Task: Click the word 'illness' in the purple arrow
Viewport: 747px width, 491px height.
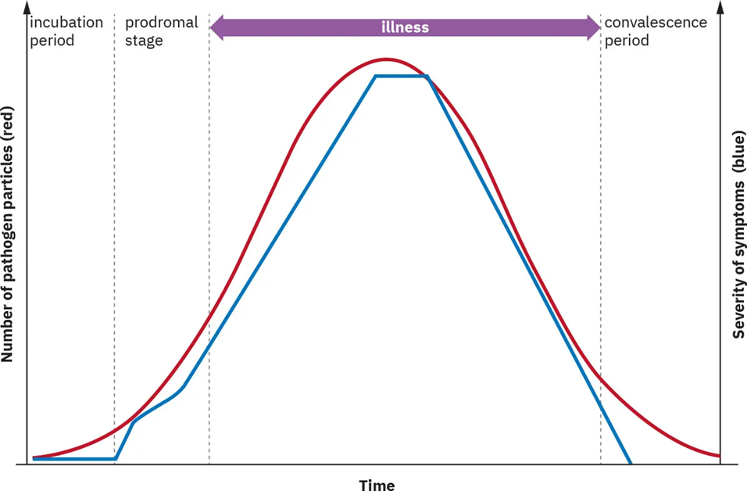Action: coord(405,27)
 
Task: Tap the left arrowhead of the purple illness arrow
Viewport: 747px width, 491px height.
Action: coord(217,27)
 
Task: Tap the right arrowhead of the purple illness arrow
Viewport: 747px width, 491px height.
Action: coord(593,27)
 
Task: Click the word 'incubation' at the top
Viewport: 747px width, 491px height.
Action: coord(66,22)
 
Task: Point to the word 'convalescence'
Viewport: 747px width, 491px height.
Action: coord(656,22)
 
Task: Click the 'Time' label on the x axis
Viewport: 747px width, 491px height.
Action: coord(377,486)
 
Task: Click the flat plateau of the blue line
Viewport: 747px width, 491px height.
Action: coord(401,76)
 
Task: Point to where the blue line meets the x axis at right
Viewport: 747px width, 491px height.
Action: coord(630,463)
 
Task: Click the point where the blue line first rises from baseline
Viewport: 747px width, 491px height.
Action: coord(116,458)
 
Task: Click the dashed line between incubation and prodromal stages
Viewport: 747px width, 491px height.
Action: coord(114,235)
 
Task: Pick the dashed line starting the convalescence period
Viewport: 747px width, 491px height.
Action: coord(601,235)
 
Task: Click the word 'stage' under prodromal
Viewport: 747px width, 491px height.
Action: coord(144,41)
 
